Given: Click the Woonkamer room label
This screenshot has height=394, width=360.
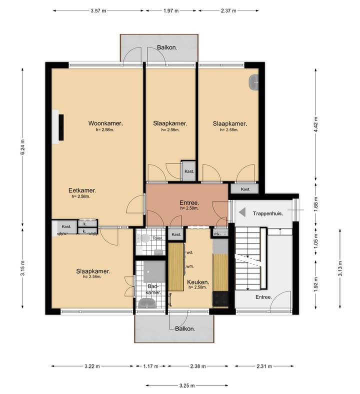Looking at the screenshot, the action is point(105,123).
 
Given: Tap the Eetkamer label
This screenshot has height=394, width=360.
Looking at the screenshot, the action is point(82,190).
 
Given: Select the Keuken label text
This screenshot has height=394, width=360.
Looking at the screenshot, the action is point(198,282).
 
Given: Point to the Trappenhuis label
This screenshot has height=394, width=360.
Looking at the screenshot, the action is point(268,214).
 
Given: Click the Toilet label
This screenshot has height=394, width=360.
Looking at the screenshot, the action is point(157,238).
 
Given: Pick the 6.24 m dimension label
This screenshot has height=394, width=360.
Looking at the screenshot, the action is point(22,146).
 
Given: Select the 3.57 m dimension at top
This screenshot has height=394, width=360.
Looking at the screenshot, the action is point(98,11).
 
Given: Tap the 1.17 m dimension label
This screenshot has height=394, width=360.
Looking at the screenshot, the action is point(150,366).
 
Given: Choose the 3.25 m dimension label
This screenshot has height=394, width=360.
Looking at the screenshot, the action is point(187,385).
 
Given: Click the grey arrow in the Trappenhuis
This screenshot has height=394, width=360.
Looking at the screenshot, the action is point(242,212).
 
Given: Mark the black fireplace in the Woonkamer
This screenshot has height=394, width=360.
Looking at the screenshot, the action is point(61,127).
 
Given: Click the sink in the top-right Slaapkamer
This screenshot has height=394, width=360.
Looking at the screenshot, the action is point(253,82).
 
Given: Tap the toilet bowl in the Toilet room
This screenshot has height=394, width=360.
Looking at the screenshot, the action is point(143,238).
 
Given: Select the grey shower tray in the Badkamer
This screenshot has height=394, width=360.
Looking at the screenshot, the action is point(154,271).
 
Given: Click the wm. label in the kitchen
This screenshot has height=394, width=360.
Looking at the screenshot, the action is point(190,266).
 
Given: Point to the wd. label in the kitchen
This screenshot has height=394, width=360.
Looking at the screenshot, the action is point(189,252).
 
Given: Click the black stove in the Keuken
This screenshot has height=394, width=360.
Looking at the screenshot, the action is point(220,299).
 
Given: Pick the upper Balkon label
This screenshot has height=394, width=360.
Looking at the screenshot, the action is point(167,47).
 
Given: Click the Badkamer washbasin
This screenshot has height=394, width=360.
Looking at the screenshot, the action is point(147,303).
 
